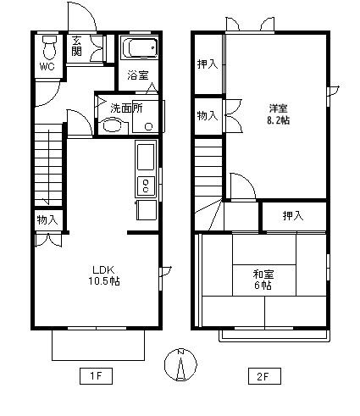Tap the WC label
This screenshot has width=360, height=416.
pyautogui.click(x=47, y=67)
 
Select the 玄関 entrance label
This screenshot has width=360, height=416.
pyautogui.click(x=77, y=46)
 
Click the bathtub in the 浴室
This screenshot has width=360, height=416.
pyautogui.click(x=139, y=47)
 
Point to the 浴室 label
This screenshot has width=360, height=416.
pyautogui.click(x=138, y=75)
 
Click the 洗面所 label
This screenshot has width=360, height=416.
pyautogui.click(x=126, y=108)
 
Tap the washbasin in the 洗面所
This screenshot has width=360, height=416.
pyautogui.click(x=113, y=125)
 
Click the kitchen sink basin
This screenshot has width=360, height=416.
pyautogui.click(x=146, y=156)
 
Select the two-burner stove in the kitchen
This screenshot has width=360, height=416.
pyautogui.click(x=146, y=186)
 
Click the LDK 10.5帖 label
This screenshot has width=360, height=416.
pyautogui.click(x=103, y=275)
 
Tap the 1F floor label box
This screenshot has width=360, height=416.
pyautogui.click(x=96, y=376)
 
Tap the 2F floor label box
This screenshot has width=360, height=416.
pyautogui.click(x=264, y=376)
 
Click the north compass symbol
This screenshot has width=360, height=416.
pyautogui.click(x=180, y=364)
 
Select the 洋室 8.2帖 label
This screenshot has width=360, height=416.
pyautogui.click(x=279, y=114)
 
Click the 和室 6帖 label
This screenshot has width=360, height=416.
pyautogui.click(x=263, y=280)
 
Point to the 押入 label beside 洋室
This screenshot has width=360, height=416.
pyautogui.click(x=208, y=64)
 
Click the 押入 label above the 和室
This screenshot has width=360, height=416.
pyautogui.click(x=293, y=216)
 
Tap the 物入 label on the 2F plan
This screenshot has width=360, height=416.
pyautogui.click(x=208, y=115)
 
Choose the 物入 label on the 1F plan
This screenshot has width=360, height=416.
pyautogui.click(x=47, y=219)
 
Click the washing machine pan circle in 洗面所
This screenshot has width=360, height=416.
pyautogui.click(x=148, y=126)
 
